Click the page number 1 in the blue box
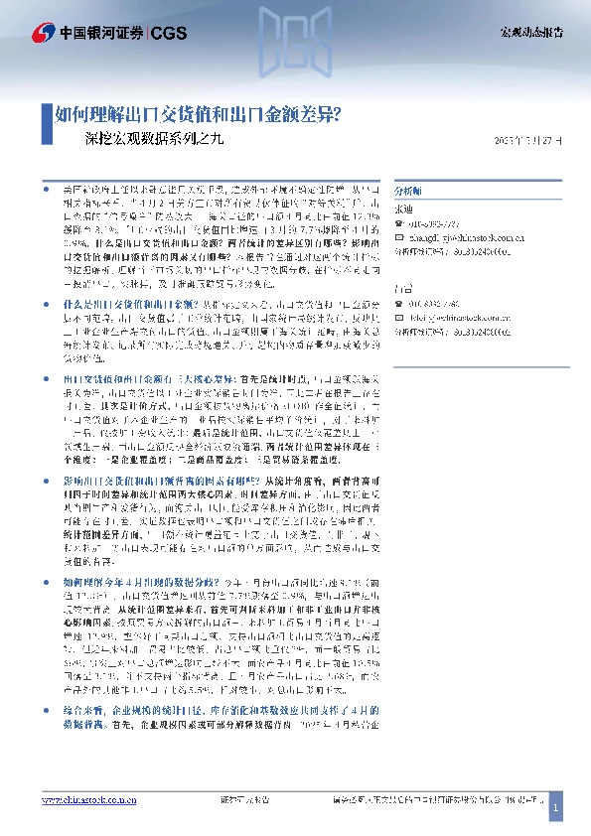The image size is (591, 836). point(556,810)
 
